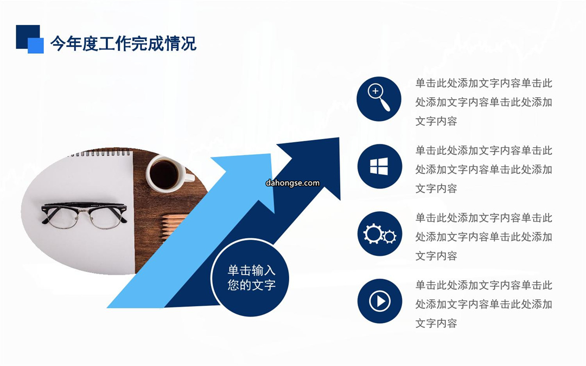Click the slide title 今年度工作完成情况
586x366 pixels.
tap(123, 44)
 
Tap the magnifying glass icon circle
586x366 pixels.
tap(379, 99)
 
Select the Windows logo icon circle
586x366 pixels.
tap(380, 166)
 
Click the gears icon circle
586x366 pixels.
tap(380, 234)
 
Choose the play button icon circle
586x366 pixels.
tap(380, 301)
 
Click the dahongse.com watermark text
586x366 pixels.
tap(292, 183)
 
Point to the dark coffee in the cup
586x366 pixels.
tap(164, 175)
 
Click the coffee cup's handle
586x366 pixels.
tap(189, 177)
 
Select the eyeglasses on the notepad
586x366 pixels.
tap(84, 215)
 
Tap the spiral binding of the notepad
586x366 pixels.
tap(100, 153)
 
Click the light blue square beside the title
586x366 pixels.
tap(36, 46)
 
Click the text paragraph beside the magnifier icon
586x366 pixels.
tap(483, 102)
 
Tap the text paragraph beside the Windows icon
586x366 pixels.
tap(483, 169)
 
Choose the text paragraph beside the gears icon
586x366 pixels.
tap(483, 236)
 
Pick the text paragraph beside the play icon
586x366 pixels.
tap(483, 304)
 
